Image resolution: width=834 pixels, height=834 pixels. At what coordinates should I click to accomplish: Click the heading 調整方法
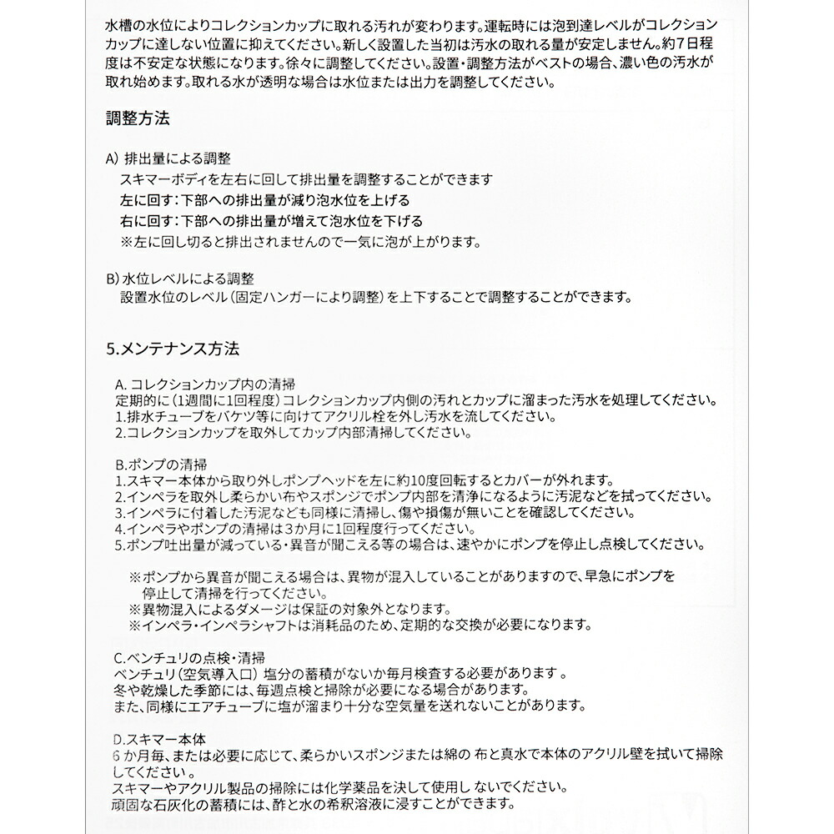tap(138, 118)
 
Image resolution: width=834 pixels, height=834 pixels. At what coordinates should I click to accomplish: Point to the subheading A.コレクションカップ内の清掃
tap(204, 384)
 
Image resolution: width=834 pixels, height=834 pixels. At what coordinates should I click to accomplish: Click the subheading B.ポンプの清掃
tap(161, 464)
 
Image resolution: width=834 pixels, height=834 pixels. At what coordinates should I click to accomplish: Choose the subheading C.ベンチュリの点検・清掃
tap(193, 657)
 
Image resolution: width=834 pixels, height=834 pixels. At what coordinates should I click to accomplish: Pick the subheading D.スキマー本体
tap(158, 738)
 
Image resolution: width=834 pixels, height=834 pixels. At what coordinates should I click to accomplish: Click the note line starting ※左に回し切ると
tap(301, 242)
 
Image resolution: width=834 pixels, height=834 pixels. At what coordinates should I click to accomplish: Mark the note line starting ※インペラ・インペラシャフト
tap(359, 625)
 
